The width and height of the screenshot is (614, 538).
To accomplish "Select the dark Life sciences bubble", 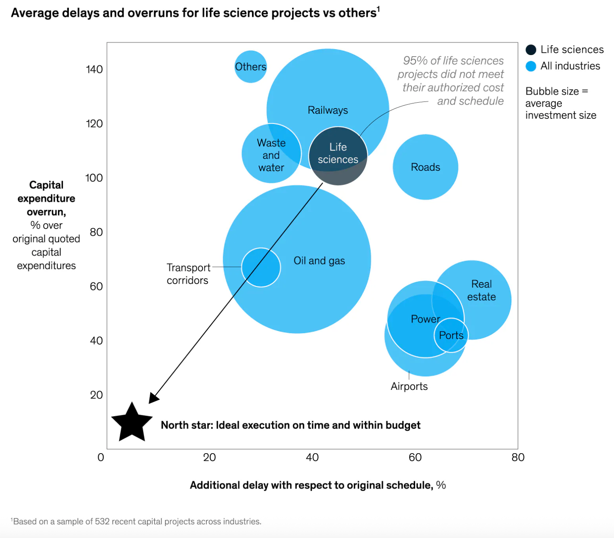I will click(338, 156).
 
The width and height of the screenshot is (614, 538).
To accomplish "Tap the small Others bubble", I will click(250, 67).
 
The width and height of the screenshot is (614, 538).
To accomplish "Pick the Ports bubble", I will click(451, 335).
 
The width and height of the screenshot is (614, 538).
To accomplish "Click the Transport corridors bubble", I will click(261, 267).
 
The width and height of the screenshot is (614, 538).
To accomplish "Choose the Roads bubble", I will click(425, 167).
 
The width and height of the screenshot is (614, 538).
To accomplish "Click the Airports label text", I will click(409, 386).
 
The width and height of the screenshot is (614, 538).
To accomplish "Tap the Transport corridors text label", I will click(188, 274).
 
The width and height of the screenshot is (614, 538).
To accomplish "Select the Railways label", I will click(328, 110).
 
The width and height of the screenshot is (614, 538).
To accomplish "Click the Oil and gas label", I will click(319, 261).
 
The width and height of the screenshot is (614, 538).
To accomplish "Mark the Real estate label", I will click(481, 290).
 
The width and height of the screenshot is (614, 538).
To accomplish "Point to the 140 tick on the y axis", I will click(94, 69).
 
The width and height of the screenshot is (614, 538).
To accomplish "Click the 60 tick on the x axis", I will click(415, 457).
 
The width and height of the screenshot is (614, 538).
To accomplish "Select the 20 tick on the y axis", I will click(96, 395).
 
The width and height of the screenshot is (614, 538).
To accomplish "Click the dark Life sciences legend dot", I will click(531, 50).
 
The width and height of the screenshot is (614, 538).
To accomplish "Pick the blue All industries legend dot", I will click(531, 66).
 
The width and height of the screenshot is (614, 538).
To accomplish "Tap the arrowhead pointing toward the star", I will click(153, 398).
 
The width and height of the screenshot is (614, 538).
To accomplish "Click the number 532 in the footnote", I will click(102, 521).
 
